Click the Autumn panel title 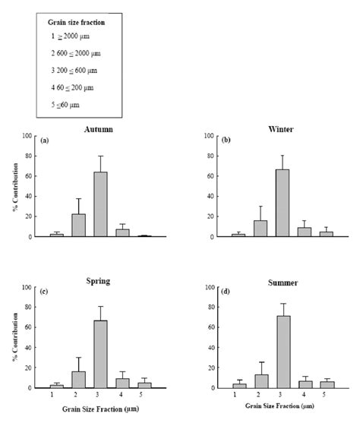coord(99,129)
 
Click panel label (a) coord(45,140)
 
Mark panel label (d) coord(229,292)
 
